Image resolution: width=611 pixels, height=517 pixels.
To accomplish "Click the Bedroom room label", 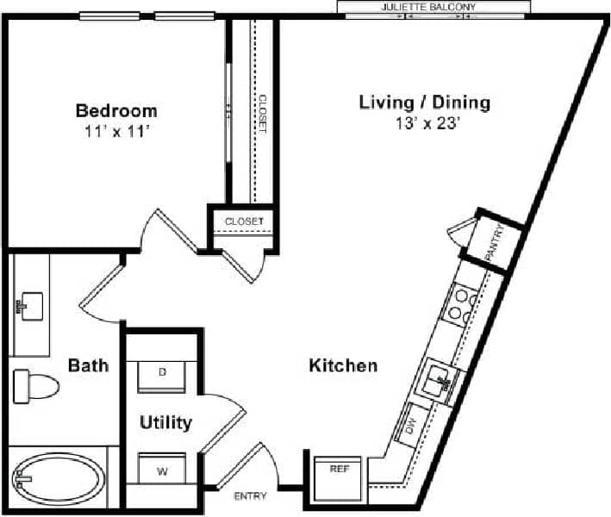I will click(x=116, y=110).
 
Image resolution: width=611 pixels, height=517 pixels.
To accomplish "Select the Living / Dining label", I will click(x=425, y=103).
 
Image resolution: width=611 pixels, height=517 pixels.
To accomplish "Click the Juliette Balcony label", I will click(x=429, y=7).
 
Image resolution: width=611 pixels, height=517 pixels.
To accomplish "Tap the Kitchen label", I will click(x=343, y=365).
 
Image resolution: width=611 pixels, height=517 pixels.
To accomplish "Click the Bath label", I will click(x=89, y=365).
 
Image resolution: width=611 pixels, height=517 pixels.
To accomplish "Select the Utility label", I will click(x=166, y=423).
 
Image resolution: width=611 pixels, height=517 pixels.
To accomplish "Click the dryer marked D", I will click(x=162, y=374).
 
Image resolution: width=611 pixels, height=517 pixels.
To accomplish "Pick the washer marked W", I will click(x=162, y=470).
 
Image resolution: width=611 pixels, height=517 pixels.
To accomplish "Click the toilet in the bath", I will click(x=34, y=385).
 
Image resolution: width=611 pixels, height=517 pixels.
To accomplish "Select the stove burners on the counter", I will click(x=460, y=305).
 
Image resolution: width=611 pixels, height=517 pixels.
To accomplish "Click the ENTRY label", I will click(x=251, y=496).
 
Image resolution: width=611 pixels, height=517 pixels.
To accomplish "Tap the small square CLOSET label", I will click(x=244, y=221).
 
